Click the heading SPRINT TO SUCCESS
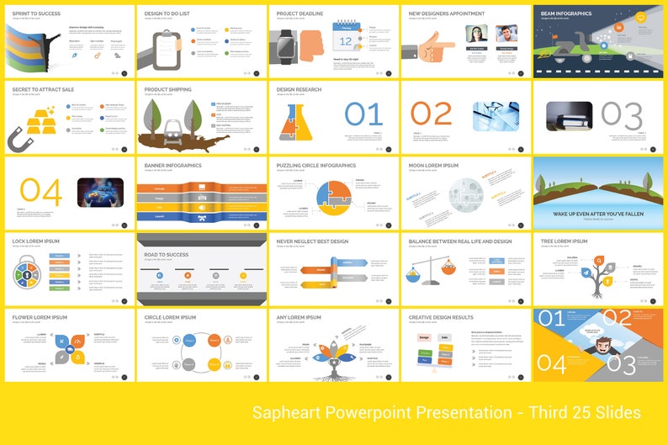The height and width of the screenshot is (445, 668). pos(37,13)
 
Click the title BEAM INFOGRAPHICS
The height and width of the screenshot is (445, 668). pos(566,13)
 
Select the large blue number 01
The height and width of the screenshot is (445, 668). pos(364,114)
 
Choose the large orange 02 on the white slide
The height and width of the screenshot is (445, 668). pos(431,114)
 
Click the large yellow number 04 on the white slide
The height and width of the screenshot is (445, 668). pos(40,191)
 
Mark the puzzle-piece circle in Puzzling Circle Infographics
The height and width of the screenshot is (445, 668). pos(334,193)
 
